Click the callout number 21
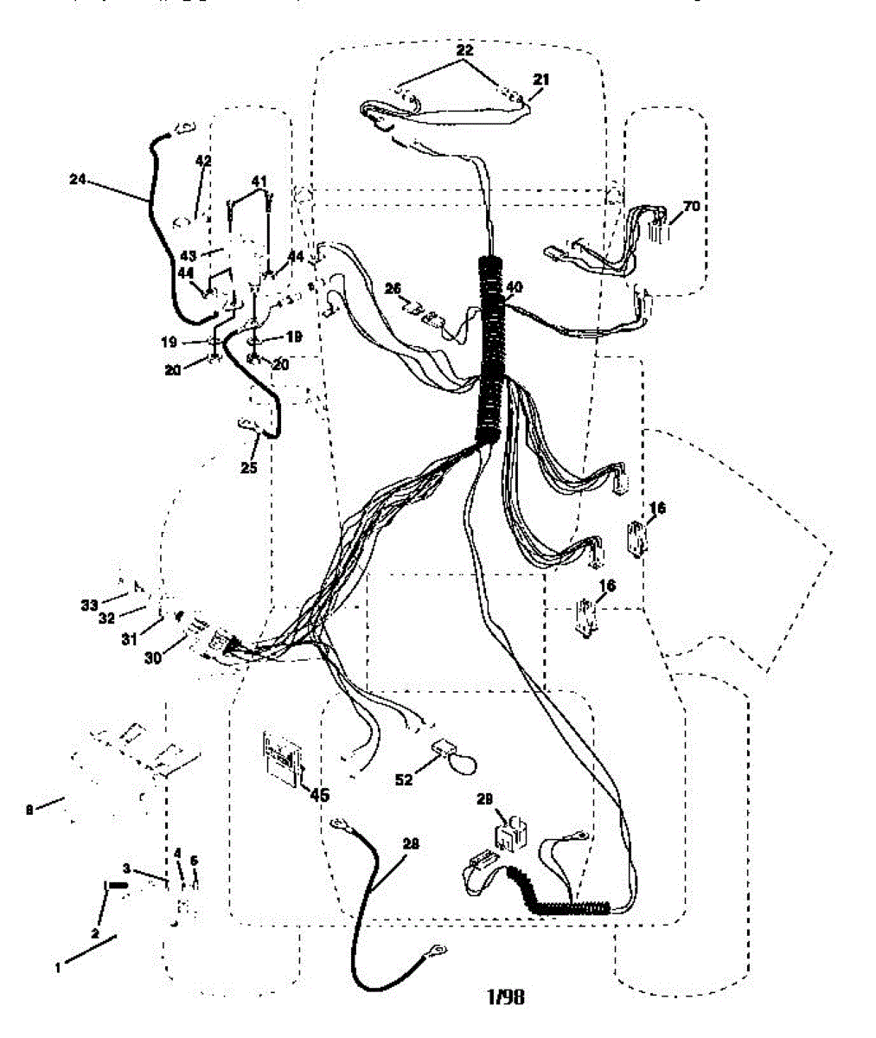pos(541,79)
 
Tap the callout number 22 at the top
pos(465,51)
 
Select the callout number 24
pos(79,179)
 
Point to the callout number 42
pos(203,161)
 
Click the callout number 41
pos(259,180)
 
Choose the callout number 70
pos(691,207)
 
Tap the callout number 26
pos(394,289)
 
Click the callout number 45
pos(319,794)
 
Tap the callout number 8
pos(30,810)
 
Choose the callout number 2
pos(96,932)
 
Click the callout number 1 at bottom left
pos(59,969)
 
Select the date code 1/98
pos(505,996)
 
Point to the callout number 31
pos(130,639)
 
